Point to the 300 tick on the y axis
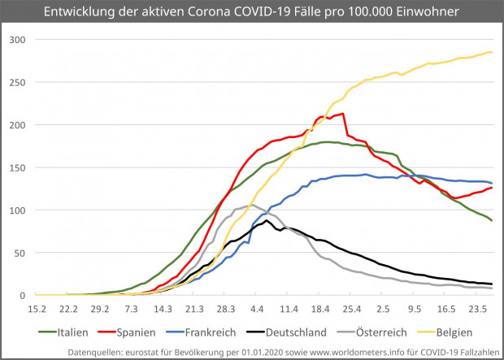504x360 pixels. click(x=18, y=40)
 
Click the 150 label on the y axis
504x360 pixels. click(x=18, y=167)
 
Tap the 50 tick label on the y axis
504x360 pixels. click(x=20, y=253)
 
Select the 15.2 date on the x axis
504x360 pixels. click(x=36, y=309)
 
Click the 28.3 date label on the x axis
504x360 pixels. click(x=226, y=309)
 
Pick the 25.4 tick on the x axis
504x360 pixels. click(x=352, y=309)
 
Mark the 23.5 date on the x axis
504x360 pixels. click(x=477, y=309)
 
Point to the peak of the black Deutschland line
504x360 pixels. click(x=267, y=220)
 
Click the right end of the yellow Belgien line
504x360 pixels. click(x=492, y=52)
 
